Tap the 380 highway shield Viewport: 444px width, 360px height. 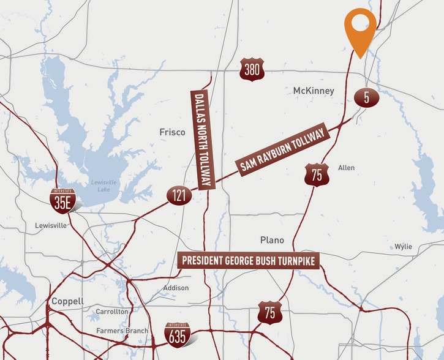(x=252, y=71)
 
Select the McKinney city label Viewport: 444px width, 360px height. (x=314, y=91)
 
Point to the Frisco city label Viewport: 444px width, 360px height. (x=172, y=132)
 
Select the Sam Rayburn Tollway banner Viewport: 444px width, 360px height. (x=283, y=151)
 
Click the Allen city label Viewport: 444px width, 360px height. (x=346, y=168)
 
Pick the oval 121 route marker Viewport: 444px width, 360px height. (x=179, y=197)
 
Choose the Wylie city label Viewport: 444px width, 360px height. (x=403, y=247)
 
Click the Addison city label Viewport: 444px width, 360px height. (x=176, y=288)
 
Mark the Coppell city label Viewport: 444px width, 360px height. (x=67, y=301)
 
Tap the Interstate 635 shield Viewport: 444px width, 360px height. (x=177, y=334)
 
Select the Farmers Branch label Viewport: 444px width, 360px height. (x=122, y=331)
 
